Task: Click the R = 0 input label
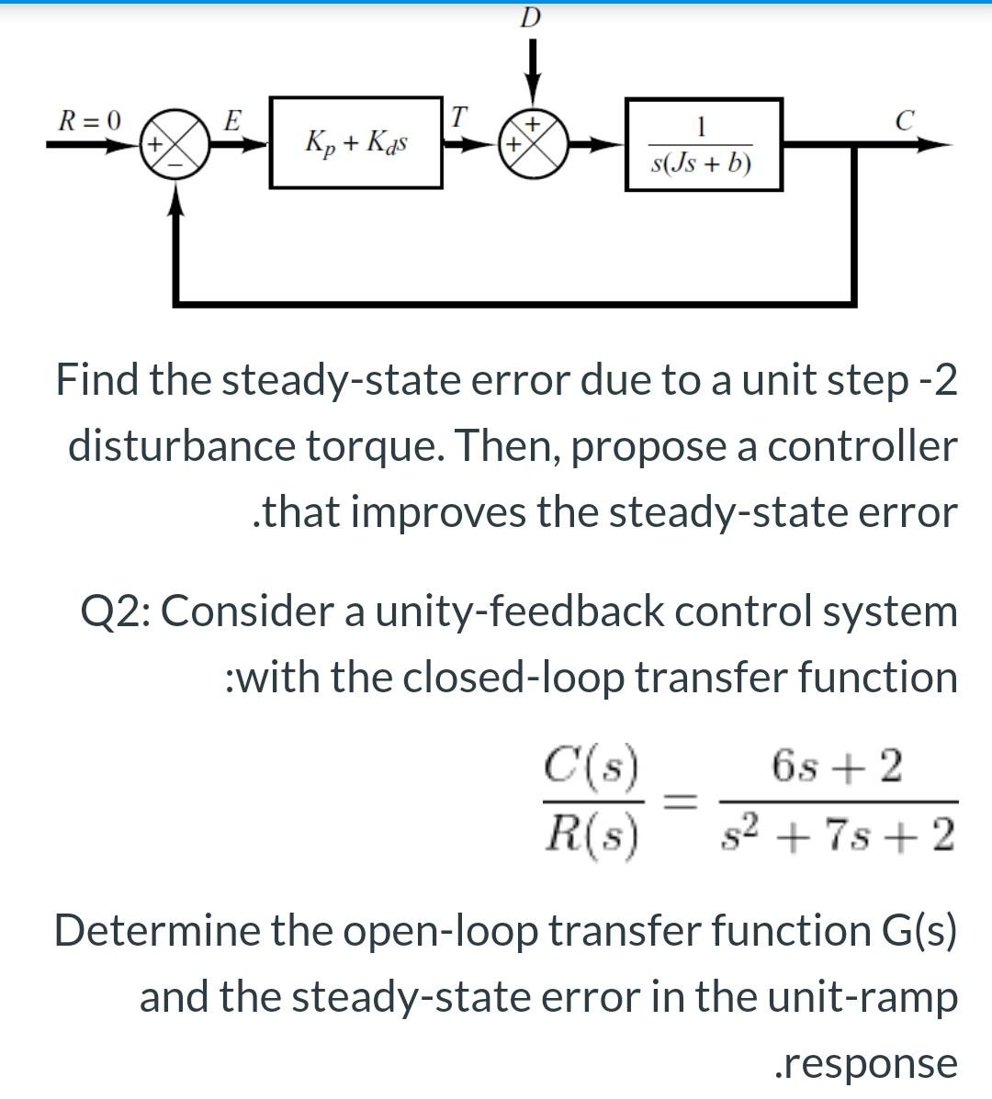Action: click(89, 119)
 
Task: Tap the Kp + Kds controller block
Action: click(356, 143)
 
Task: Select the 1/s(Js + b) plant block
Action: click(703, 145)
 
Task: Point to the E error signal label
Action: click(233, 118)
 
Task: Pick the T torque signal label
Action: click(459, 117)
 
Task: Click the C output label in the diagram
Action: click(905, 120)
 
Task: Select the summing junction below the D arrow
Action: click(533, 144)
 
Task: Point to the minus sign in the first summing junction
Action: click(196, 157)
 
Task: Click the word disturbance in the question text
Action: click(181, 446)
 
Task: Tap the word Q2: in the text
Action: click(116, 611)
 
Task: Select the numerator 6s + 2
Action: click(838, 765)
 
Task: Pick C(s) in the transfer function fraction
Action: click(592, 763)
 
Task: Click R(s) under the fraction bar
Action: click(592, 832)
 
